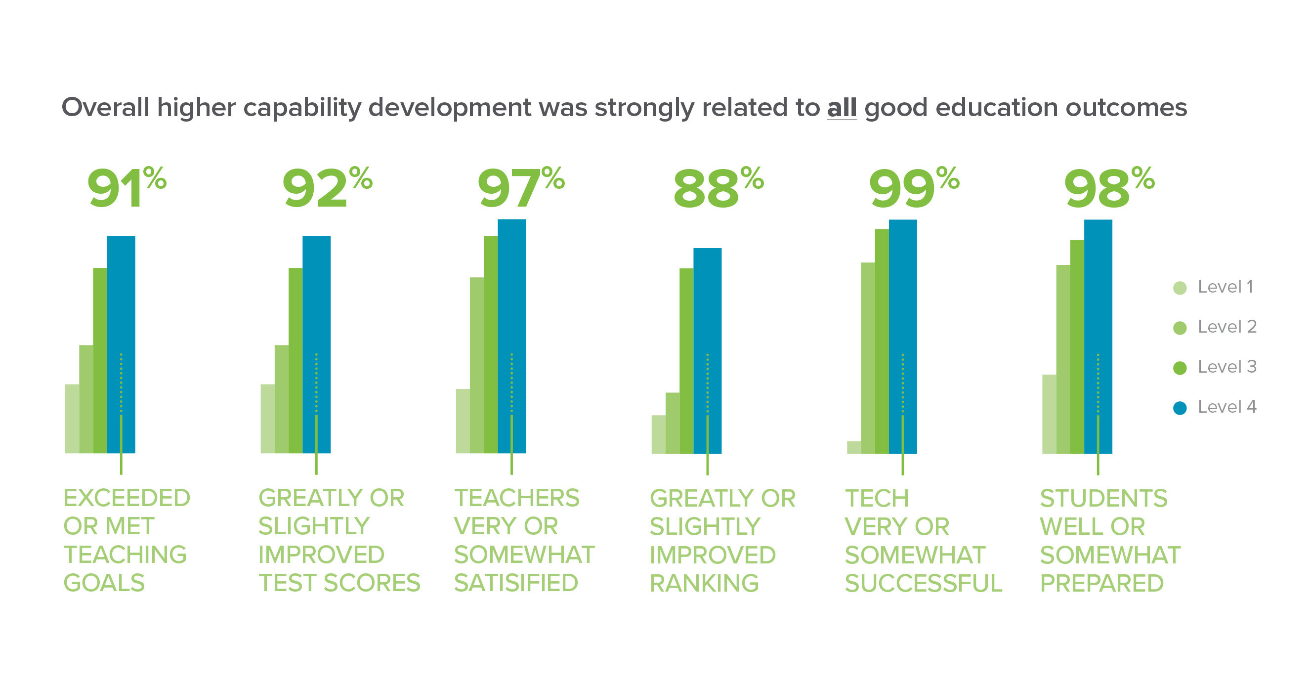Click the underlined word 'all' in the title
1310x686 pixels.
[842, 107]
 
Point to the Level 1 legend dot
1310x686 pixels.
[1180, 288]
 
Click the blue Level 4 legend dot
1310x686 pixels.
[1180, 408]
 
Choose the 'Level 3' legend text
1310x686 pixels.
[1226, 367]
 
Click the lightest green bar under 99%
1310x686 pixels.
[854, 447]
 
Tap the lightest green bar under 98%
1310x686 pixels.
[1049, 415]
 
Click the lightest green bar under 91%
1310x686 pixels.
[72, 419]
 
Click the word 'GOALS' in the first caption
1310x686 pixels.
[104, 583]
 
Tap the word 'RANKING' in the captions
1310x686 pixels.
[704, 583]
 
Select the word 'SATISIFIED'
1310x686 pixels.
[516, 583]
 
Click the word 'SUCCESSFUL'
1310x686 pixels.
[923, 583]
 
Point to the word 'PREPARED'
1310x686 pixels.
[1101, 583]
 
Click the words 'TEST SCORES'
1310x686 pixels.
[339, 583]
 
